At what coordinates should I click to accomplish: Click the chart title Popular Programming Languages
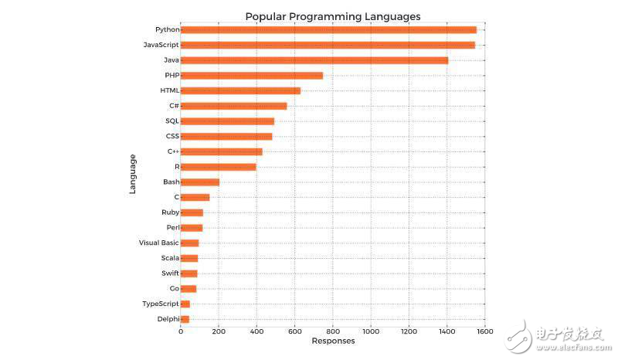click(332, 16)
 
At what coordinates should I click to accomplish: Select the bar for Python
click(328, 30)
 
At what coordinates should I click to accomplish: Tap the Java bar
click(314, 60)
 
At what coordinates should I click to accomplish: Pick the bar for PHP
click(252, 76)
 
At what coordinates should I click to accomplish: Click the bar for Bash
click(200, 182)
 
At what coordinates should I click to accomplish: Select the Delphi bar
click(185, 319)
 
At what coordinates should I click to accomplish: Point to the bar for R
click(219, 167)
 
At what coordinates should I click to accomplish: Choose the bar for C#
click(234, 106)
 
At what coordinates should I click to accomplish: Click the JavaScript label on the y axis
click(161, 45)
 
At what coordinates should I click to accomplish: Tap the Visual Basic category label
click(158, 243)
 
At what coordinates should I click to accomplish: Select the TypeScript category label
click(160, 304)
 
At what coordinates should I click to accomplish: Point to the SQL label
click(171, 121)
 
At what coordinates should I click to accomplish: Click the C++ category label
click(173, 151)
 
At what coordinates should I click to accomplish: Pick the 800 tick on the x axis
click(333, 332)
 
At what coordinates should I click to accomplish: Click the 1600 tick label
click(484, 332)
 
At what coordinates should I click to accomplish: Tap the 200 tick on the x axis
click(219, 332)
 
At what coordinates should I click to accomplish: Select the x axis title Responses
click(333, 341)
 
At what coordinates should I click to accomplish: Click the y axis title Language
click(133, 174)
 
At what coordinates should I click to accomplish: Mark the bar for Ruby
click(192, 212)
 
